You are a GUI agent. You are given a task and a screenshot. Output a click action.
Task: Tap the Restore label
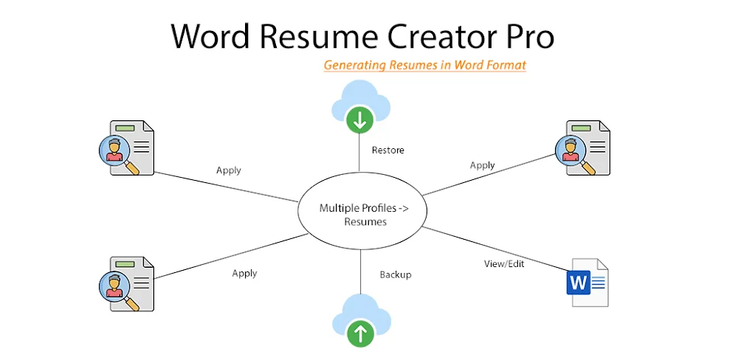pyautogui.click(x=388, y=150)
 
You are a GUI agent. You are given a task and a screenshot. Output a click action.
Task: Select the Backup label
pyautogui.click(x=396, y=274)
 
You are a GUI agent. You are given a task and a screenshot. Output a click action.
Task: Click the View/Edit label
pyautogui.click(x=504, y=263)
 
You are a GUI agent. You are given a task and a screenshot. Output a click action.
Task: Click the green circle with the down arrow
pyautogui.click(x=360, y=120)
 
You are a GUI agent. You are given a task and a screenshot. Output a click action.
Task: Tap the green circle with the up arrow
pyautogui.click(x=361, y=334)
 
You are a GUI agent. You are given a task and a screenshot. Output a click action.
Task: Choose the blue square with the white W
pyautogui.click(x=579, y=283)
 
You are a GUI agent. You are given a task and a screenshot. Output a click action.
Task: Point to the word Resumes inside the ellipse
pyautogui.click(x=365, y=221)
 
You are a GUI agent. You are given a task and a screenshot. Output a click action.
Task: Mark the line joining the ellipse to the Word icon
pyautogui.click(x=495, y=249)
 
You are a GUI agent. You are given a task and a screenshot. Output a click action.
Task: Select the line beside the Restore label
pyautogui.click(x=359, y=152)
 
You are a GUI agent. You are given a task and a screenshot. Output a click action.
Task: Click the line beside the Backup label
pyautogui.click(x=361, y=271)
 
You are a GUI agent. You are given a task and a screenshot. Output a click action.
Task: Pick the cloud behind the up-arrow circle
pyautogui.click(x=361, y=311)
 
